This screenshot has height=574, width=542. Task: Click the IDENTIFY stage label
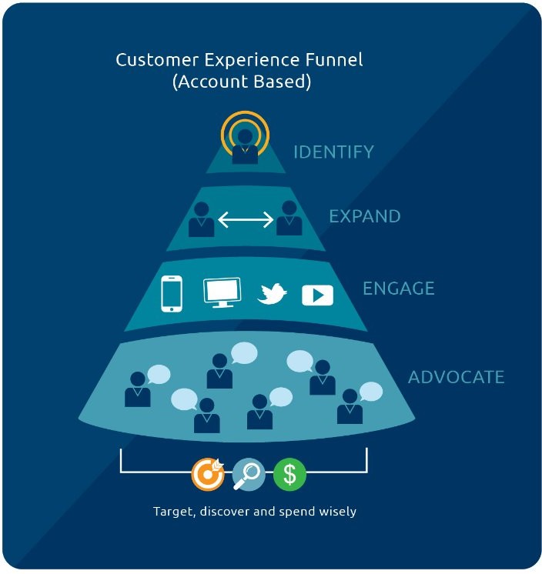(x=333, y=152)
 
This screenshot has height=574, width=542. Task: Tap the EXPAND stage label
(x=364, y=216)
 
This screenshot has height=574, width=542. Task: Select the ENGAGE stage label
(x=398, y=289)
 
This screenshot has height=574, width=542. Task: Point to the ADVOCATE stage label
(x=456, y=377)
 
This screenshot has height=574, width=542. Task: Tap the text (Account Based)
(x=242, y=82)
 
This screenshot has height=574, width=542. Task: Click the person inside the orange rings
(x=245, y=145)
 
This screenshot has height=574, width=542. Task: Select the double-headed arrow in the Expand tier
(x=246, y=221)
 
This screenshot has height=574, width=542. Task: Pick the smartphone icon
(x=172, y=293)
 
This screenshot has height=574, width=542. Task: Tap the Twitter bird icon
(x=272, y=294)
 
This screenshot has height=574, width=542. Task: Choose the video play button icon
(x=317, y=295)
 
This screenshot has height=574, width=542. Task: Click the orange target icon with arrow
(x=208, y=475)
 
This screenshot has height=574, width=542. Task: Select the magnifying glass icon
(x=248, y=475)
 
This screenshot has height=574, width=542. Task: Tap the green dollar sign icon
(x=289, y=475)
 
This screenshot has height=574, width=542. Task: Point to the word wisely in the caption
(x=336, y=511)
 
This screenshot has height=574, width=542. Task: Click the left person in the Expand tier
(x=202, y=219)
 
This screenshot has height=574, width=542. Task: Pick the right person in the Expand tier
(x=289, y=219)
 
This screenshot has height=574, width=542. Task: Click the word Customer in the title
(x=149, y=59)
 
